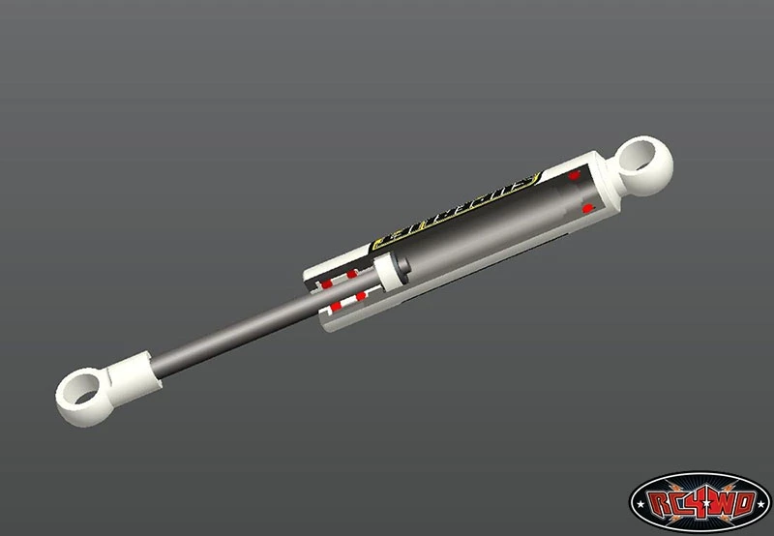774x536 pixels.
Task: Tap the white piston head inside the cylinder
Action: [391, 274]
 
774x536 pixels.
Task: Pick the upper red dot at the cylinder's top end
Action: [575, 176]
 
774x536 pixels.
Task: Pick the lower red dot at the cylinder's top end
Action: [587, 208]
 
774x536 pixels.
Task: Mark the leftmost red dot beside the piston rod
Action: [326, 284]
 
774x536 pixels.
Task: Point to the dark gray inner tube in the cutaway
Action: [484, 232]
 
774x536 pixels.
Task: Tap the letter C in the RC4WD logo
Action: [681, 502]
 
